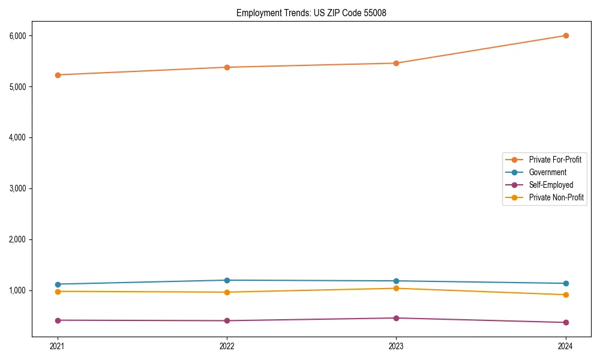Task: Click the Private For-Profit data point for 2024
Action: [566, 35]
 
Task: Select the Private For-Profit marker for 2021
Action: [58, 75]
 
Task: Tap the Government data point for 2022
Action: [227, 280]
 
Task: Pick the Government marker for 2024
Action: [566, 283]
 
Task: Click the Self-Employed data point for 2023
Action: [396, 318]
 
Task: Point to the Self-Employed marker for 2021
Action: [58, 320]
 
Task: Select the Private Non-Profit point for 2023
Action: [396, 289]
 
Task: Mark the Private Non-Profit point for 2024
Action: [566, 295]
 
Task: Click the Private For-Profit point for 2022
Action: [227, 67]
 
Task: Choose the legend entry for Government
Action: [547, 172]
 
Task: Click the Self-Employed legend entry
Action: [551, 185]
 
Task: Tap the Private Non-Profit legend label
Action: [556, 197]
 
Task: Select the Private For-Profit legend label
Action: [555, 160]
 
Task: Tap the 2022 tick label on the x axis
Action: [227, 346]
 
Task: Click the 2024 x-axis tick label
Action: [566, 346]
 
